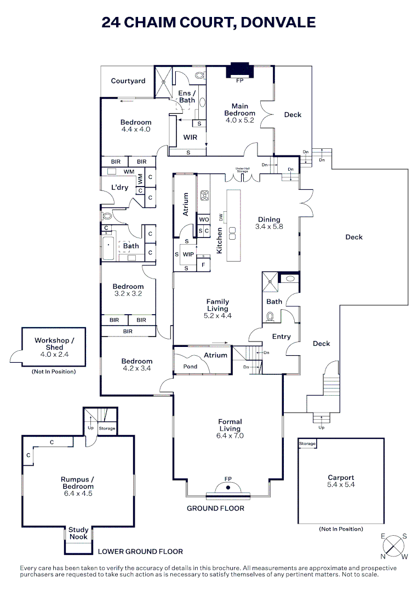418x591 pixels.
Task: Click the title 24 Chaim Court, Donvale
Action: click(x=209, y=22)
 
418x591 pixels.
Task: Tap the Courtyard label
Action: click(x=128, y=81)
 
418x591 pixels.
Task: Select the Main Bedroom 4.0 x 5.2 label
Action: click(x=239, y=113)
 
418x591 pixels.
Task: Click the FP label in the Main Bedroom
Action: click(x=239, y=80)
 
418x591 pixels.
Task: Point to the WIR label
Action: click(x=190, y=137)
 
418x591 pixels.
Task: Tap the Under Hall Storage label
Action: click(x=242, y=170)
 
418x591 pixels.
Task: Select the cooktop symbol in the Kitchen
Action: click(x=205, y=195)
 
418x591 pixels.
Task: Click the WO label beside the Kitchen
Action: click(x=204, y=219)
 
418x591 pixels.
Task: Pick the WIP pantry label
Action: click(x=188, y=254)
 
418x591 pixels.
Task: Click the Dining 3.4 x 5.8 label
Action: click(x=269, y=223)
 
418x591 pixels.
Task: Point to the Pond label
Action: click(x=190, y=367)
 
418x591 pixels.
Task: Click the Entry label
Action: click(x=281, y=337)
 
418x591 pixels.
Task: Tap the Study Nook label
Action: click(x=78, y=533)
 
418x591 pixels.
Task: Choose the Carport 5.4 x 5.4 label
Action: click(x=341, y=481)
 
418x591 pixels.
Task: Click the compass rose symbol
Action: click(x=394, y=547)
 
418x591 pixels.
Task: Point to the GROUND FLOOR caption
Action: click(x=215, y=508)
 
